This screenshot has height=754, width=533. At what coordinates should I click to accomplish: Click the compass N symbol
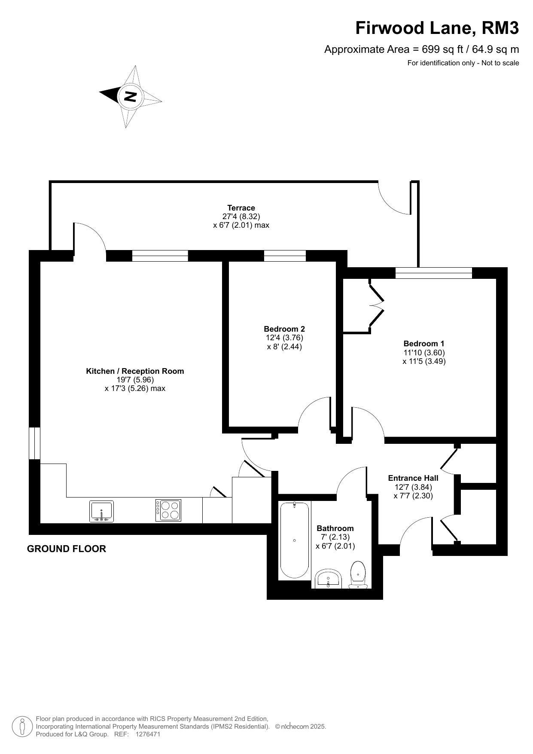click(x=130, y=96)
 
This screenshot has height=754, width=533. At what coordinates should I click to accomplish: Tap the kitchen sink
click(x=101, y=511)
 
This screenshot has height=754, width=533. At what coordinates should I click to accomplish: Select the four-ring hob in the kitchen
click(x=168, y=510)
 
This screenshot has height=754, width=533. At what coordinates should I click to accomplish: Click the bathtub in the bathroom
click(x=294, y=540)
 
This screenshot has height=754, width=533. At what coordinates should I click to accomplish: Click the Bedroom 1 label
click(x=424, y=344)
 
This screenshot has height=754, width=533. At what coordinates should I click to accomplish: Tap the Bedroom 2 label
click(x=284, y=329)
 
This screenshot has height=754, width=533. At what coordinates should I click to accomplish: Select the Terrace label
click(x=241, y=208)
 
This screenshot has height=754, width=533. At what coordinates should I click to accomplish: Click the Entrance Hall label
click(x=413, y=478)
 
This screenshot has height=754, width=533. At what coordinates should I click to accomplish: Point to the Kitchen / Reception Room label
click(x=135, y=371)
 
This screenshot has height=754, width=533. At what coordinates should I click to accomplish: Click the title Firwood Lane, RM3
click(x=437, y=28)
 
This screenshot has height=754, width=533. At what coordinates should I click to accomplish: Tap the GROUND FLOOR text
click(x=67, y=549)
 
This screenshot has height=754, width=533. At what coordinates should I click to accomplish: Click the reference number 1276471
click(x=148, y=734)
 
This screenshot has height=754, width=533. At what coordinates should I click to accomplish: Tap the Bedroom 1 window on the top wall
click(x=433, y=273)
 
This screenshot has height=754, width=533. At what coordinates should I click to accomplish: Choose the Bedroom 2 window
click(x=285, y=256)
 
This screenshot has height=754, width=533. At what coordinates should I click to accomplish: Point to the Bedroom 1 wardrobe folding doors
click(x=376, y=306)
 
